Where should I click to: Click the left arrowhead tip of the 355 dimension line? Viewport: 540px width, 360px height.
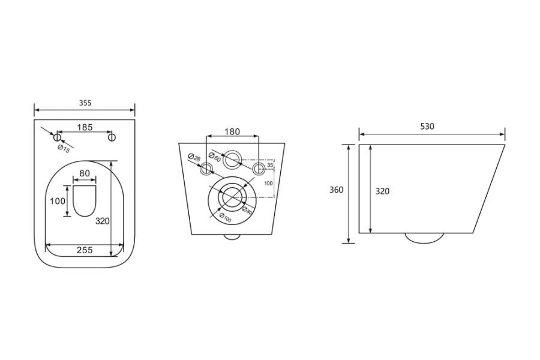[34, 110]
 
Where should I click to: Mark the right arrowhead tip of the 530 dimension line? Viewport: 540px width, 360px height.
[505, 134]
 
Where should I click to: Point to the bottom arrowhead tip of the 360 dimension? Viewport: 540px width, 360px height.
[349, 243]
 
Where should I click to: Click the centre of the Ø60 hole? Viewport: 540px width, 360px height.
[233, 160]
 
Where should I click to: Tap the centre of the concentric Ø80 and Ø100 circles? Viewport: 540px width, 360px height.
[232, 196]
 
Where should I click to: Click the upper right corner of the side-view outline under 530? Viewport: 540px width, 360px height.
[505, 145]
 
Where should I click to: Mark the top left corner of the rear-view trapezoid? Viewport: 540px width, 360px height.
[179, 143]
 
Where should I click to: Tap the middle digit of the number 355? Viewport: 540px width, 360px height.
[85, 103]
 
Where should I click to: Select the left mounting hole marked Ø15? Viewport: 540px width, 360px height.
[57, 138]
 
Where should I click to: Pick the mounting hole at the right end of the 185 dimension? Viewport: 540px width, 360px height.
[112, 138]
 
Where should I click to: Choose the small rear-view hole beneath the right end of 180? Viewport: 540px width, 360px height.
[259, 169]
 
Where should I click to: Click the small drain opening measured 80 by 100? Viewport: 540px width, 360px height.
[85, 201]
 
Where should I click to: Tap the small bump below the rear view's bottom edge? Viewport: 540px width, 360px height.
[232, 237]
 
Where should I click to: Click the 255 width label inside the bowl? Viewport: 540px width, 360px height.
[85, 250]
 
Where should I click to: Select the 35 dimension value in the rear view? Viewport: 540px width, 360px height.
[270, 166]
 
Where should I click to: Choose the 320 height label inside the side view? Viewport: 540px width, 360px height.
[382, 191]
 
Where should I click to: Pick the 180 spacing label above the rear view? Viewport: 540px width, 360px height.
[232, 131]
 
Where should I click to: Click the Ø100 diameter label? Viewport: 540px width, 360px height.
[225, 218]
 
